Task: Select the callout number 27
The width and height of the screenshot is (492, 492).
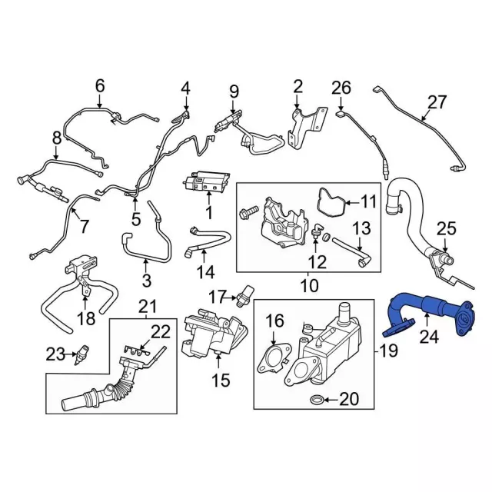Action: [x=437, y=102]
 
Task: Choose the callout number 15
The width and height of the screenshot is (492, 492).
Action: [x=221, y=380]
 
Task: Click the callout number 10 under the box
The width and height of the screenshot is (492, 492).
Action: [x=309, y=285]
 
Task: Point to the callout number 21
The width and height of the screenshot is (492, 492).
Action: [x=148, y=306]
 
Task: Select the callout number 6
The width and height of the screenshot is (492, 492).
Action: [x=99, y=85]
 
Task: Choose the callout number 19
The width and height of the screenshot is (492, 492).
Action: [x=388, y=351]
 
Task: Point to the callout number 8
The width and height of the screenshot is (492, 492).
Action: [x=57, y=138]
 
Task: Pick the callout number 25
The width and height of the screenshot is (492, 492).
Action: [x=447, y=228]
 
